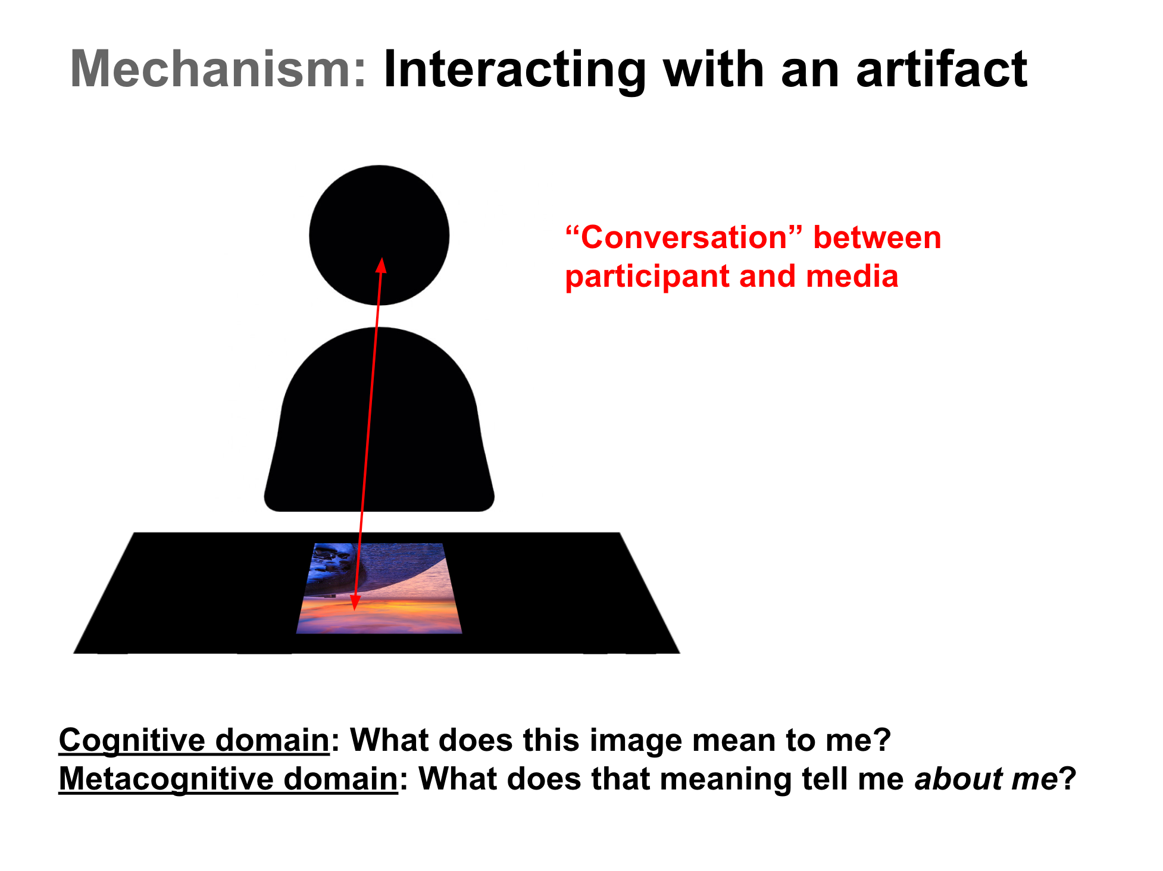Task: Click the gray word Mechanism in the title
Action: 218,70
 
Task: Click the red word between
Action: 877,238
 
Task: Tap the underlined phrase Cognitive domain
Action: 194,741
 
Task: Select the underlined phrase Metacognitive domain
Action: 228,779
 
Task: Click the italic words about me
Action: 986,779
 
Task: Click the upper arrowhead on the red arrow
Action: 381,265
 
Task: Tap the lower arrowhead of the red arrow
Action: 355,602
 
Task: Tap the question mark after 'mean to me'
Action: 883,741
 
